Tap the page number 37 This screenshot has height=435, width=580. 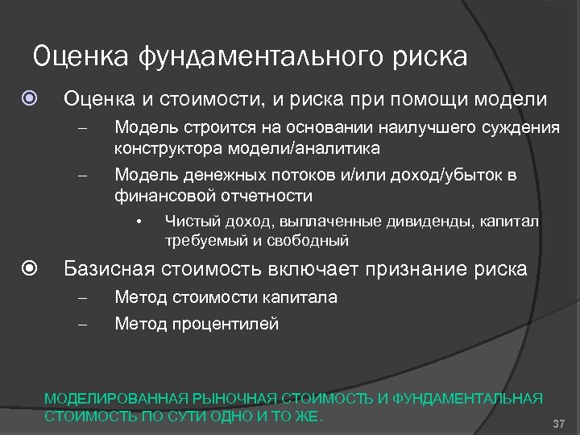point(560,425)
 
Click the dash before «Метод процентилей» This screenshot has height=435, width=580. point(81,325)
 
